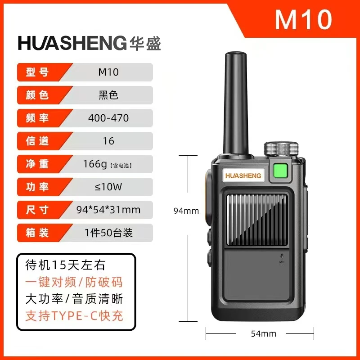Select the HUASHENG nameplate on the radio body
tap(243, 175)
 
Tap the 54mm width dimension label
tap(263, 333)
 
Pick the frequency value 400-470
tap(108, 118)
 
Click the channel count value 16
tap(108, 141)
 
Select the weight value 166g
tap(95, 164)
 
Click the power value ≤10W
tap(108, 187)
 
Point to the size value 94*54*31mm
tap(108, 210)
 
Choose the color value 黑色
tap(108, 95)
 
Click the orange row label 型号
tap(38, 72)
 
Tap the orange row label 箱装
tap(38, 233)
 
